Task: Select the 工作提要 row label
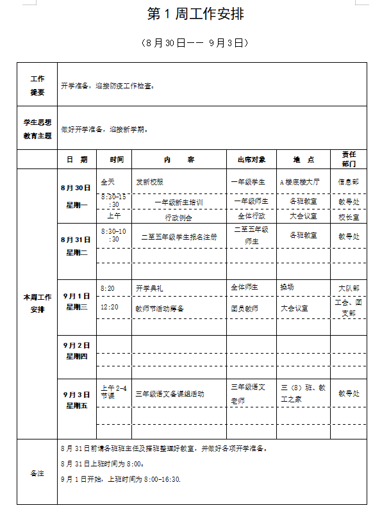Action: click(x=37, y=85)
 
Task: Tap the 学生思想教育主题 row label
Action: click(x=37, y=127)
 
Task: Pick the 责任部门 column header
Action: click(x=349, y=159)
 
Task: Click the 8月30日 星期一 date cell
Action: click(x=76, y=196)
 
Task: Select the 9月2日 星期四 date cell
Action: click(x=76, y=350)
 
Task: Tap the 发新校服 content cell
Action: click(x=150, y=182)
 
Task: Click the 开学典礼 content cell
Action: click(x=149, y=288)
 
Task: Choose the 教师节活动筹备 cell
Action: click(x=160, y=308)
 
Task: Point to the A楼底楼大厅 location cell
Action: click(x=299, y=182)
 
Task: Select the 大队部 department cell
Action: click(x=349, y=288)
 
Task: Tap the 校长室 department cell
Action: click(x=349, y=217)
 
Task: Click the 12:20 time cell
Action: click(x=110, y=307)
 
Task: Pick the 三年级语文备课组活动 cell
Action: click(x=170, y=393)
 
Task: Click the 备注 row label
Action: click(x=37, y=473)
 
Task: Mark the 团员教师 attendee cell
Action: click(x=245, y=308)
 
